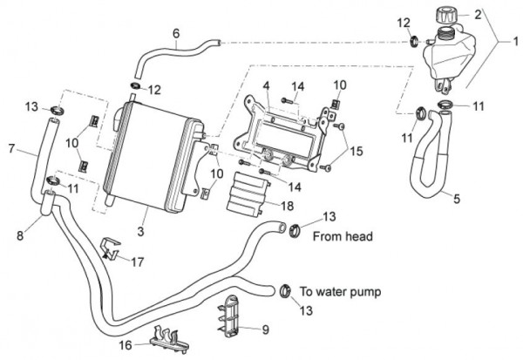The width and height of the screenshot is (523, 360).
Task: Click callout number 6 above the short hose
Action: [x=176, y=34]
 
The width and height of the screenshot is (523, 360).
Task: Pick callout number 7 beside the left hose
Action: [x=11, y=149]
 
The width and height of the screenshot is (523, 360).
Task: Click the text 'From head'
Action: [x=342, y=236]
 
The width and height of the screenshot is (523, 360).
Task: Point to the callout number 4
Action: [x=268, y=86]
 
